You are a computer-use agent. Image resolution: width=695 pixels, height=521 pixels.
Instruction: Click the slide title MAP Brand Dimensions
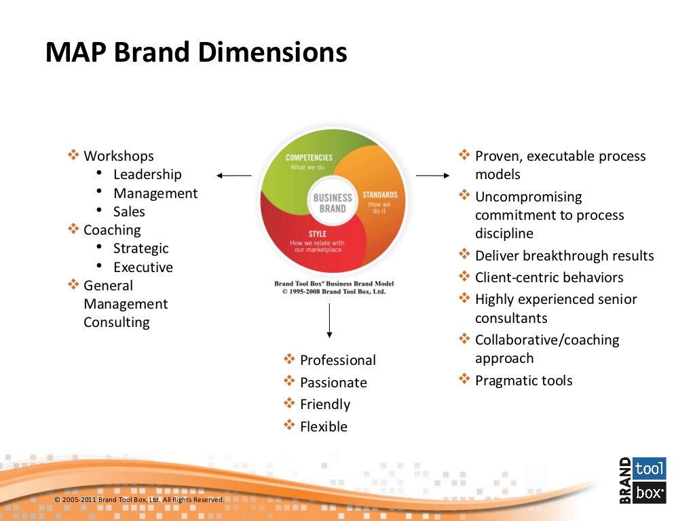[196, 53]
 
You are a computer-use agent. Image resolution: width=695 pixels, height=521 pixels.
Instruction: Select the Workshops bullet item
[118, 156]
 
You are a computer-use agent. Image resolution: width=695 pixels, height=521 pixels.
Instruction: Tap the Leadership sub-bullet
[147, 174]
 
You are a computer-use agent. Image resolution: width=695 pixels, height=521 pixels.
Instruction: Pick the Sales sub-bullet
[129, 212]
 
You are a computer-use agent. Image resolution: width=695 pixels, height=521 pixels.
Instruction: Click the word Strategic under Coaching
[140, 248]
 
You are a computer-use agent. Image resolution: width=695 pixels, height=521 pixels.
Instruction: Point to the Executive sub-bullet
[143, 267]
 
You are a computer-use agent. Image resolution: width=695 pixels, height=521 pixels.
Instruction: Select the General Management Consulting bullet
[125, 304]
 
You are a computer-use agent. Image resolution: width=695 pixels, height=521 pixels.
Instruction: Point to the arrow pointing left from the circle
[234, 176]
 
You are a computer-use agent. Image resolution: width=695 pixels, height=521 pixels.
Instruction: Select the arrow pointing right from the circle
[432, 176]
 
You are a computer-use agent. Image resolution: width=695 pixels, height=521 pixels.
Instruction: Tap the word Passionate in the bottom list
[333, 383]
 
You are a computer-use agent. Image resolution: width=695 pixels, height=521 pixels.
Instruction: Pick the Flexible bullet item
[323, 427]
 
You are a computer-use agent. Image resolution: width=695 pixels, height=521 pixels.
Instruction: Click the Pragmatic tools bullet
[523, 381]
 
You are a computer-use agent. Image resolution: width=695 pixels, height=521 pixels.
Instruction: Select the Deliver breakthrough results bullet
[564, 256]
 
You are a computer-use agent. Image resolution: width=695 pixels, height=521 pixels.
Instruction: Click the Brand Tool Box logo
[642, 480]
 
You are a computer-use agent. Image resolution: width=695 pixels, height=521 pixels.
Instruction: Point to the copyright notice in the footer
[139, 500]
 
